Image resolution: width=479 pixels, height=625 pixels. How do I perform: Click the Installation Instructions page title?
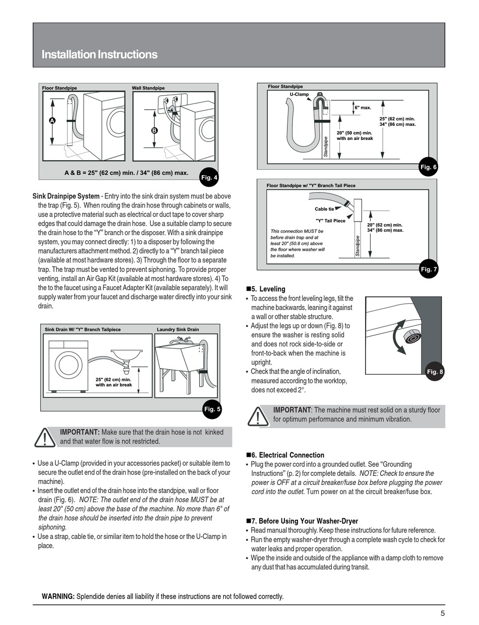pos(99,54)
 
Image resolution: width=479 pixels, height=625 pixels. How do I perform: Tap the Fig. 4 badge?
pos(209,177)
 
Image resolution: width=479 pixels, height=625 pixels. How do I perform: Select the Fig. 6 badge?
pos(428,167)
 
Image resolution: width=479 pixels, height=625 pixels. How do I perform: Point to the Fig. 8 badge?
pos(434,372)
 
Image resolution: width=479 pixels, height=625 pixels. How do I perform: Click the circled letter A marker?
pos(52,120)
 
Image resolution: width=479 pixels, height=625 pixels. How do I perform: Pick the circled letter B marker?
pos(154,130)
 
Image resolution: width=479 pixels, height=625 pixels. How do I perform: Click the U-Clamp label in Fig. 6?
pos(299,94)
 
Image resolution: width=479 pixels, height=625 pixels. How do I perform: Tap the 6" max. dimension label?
pos(363,107)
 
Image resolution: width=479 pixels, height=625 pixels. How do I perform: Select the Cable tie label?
pos(324,209)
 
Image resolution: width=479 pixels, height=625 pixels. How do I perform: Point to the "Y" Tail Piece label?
pos(330,221)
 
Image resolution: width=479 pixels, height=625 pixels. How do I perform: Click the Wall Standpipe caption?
pos(148,88)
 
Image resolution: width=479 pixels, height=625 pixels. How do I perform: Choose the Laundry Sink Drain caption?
pos(177,329)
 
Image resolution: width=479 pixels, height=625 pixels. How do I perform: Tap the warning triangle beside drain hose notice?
pos(45,437)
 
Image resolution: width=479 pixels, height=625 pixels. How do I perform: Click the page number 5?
pos(442,613)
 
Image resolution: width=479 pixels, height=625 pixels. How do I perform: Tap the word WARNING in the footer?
pos(58,597)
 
